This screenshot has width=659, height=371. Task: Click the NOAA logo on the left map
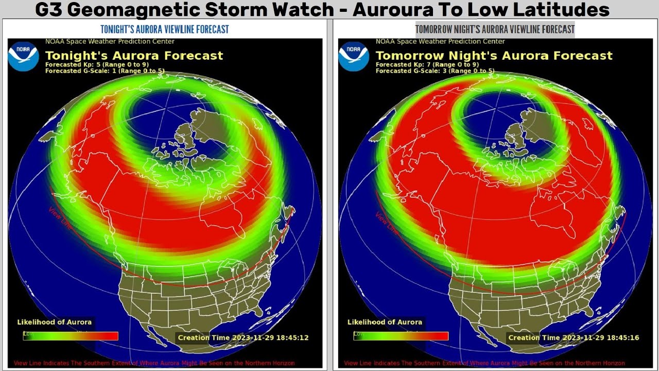(23, 56)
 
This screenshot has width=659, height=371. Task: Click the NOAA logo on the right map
(354, 56)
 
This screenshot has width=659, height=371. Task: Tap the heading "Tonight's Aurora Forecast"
(134, 56)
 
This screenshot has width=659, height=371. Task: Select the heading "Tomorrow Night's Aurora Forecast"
(494, 56)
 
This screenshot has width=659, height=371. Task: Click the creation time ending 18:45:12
(243, 338)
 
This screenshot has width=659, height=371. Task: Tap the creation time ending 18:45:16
(574, 338)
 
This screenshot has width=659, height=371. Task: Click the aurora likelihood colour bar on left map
(71, 336)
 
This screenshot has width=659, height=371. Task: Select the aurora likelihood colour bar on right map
(401, 336)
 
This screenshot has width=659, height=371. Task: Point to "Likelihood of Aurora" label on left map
(54, 322)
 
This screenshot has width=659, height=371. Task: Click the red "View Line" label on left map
(59, 218)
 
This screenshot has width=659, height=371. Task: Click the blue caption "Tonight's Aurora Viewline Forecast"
(164, 29)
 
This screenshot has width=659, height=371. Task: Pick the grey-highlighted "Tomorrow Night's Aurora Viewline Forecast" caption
(495, 29)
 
